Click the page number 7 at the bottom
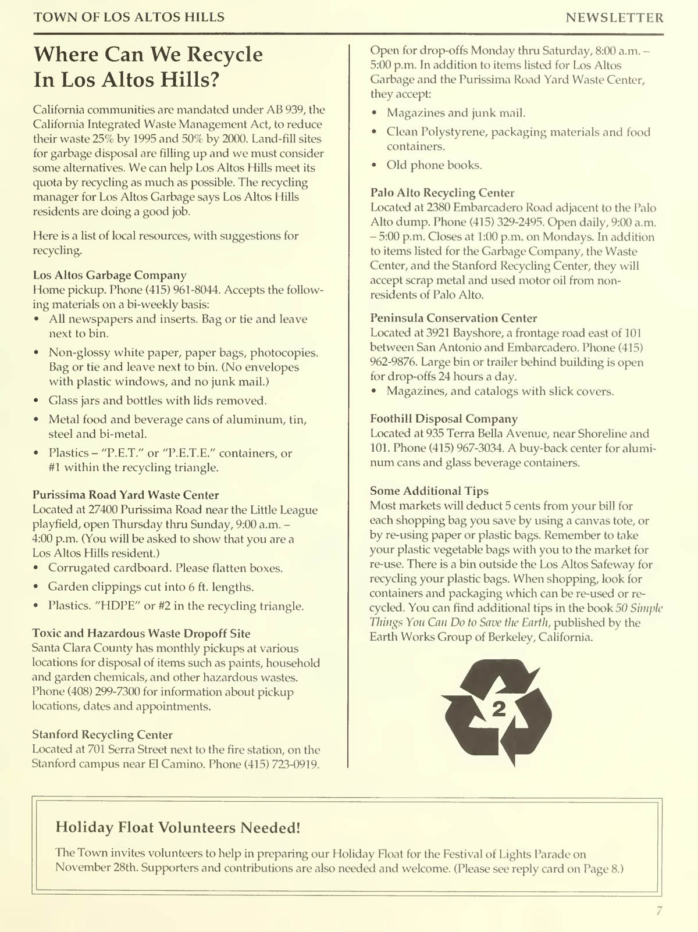pyautogui.click(x=658, y=911)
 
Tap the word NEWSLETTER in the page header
pyautogui.click(x=614, y=17)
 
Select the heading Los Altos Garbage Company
pyautogui.click(x=109, y=275)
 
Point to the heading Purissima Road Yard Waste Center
pyautogui.click(x=126, y=495)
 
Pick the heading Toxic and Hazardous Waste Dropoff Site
pyautogui.click(x=141, y=633)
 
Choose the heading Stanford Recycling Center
pyautogui.click(x=102, y=734)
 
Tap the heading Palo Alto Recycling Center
pyautogui.click(x=442, y=192)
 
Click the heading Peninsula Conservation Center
pyautogui.click(x=454, y=318)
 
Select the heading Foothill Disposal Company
pyautogui.click(x=444, y=419)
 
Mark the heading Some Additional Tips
pyautogui.click(x=429, y=491)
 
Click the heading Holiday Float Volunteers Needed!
pyautogui.click(x=178, y=827)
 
